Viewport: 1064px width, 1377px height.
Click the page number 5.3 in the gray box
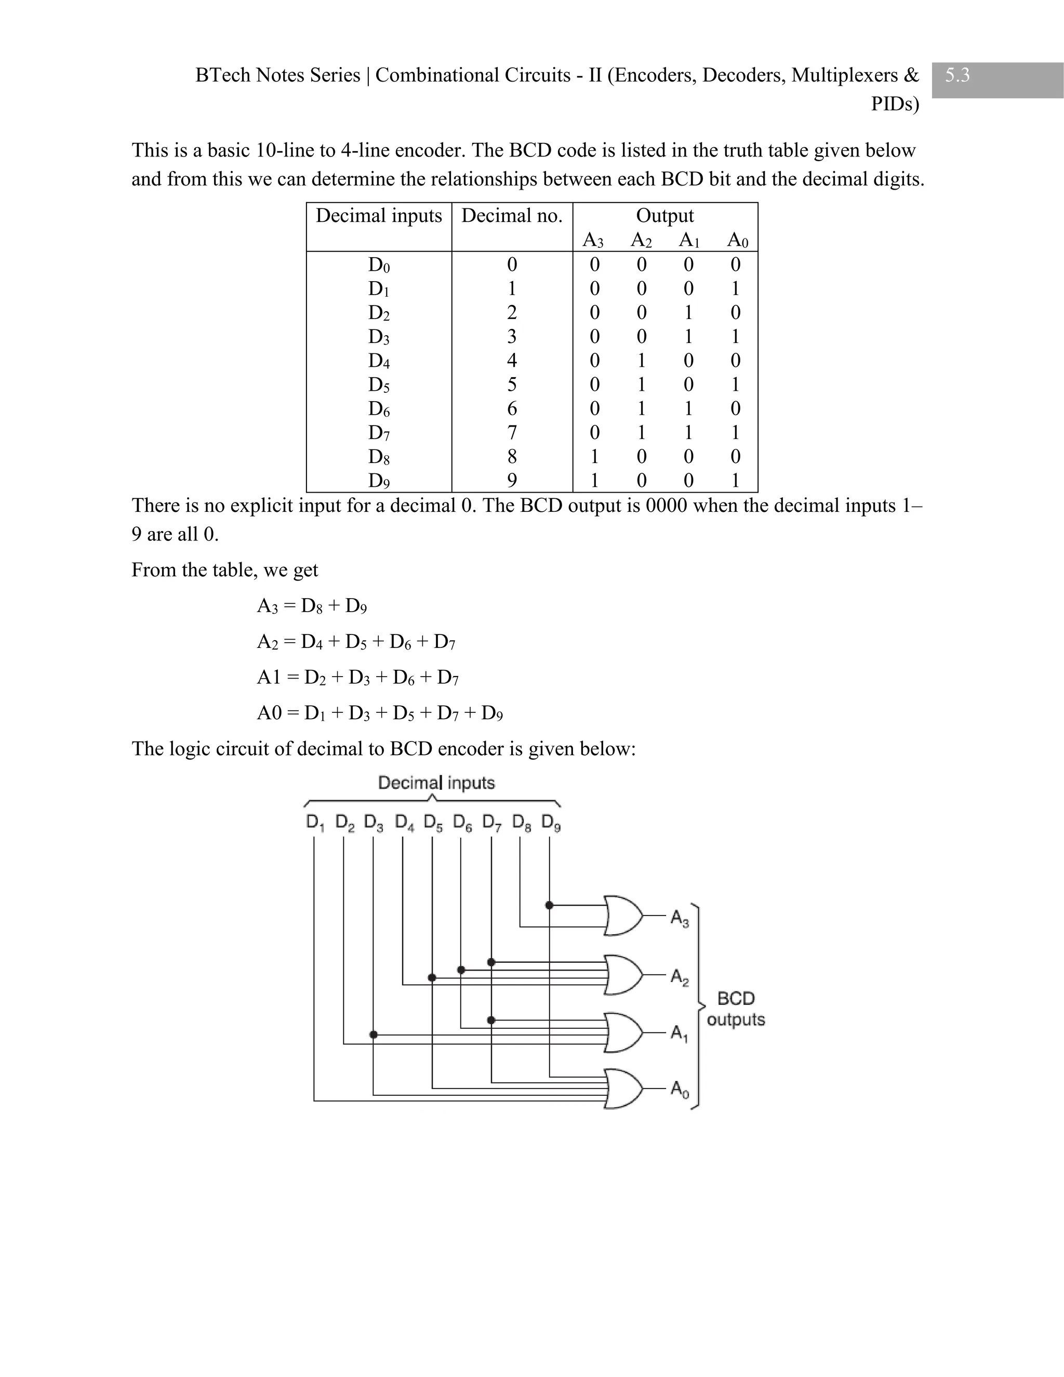pyautogui.click(x=957, y=76)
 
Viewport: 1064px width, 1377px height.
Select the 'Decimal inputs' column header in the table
pyautogui.click(x=379, y=216)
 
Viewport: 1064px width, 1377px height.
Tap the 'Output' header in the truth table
pyautogui.click(x=664, y=216)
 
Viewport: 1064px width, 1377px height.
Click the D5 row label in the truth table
pyautogui.click(x=379, y=385)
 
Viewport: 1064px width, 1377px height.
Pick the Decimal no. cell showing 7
pyautogui.click(x=512, y=432)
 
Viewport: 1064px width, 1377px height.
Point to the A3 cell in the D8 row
pyautogui.click(x=594, y=456)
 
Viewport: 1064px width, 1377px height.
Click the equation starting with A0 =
pyautogui.click(x=379, y=713)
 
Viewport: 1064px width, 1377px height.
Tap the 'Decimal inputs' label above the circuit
pyautogui.click(x=436, y=783)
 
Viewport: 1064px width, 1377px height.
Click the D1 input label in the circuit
pyautogui.click(x=314, y=823)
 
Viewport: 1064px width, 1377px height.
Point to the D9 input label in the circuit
pyautogui.click(x=550, y=823)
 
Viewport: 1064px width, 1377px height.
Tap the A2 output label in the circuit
pyautogui.click(x=680, y=977)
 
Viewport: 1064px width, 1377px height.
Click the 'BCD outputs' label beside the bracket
pyautogui.click(x=736, y=1009)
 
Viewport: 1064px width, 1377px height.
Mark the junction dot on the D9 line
pyautogui.click(x=549, y=905)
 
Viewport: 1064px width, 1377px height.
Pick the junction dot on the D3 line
pyautogui.click(x=373, y=1035)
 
